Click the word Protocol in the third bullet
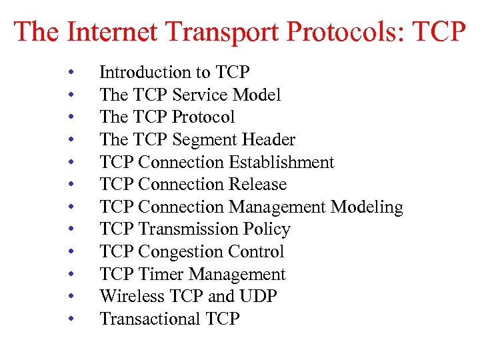tap(203, 117)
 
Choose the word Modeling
tap(367, 207)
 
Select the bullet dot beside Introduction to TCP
tap(70, 73)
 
